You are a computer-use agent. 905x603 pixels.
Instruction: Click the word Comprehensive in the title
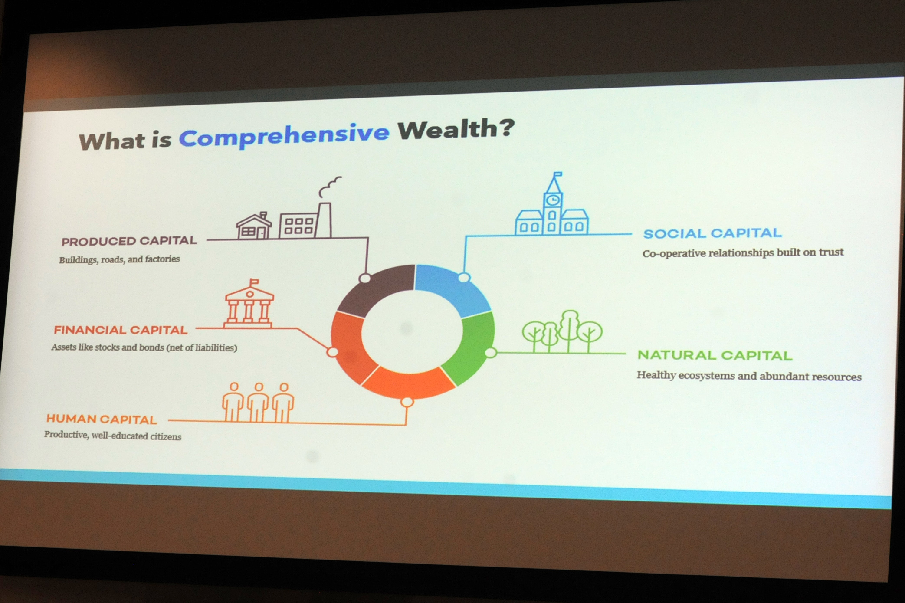284,136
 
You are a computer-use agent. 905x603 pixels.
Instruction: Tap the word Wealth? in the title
456,129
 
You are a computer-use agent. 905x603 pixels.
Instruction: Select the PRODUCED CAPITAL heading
129,241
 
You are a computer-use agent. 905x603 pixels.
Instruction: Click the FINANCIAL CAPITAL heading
121,330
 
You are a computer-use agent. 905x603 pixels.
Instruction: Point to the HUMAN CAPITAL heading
102,419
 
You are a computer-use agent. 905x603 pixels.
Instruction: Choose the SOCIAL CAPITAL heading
712,233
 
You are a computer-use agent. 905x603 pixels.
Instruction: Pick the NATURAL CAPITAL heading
715,355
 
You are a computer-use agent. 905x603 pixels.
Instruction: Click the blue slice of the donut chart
451,288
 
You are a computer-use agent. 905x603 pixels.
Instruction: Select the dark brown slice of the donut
377,288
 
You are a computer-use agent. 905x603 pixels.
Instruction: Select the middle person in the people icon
259,403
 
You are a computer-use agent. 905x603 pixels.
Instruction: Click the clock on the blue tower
553,200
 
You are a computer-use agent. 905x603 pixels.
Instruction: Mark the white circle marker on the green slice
491,353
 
